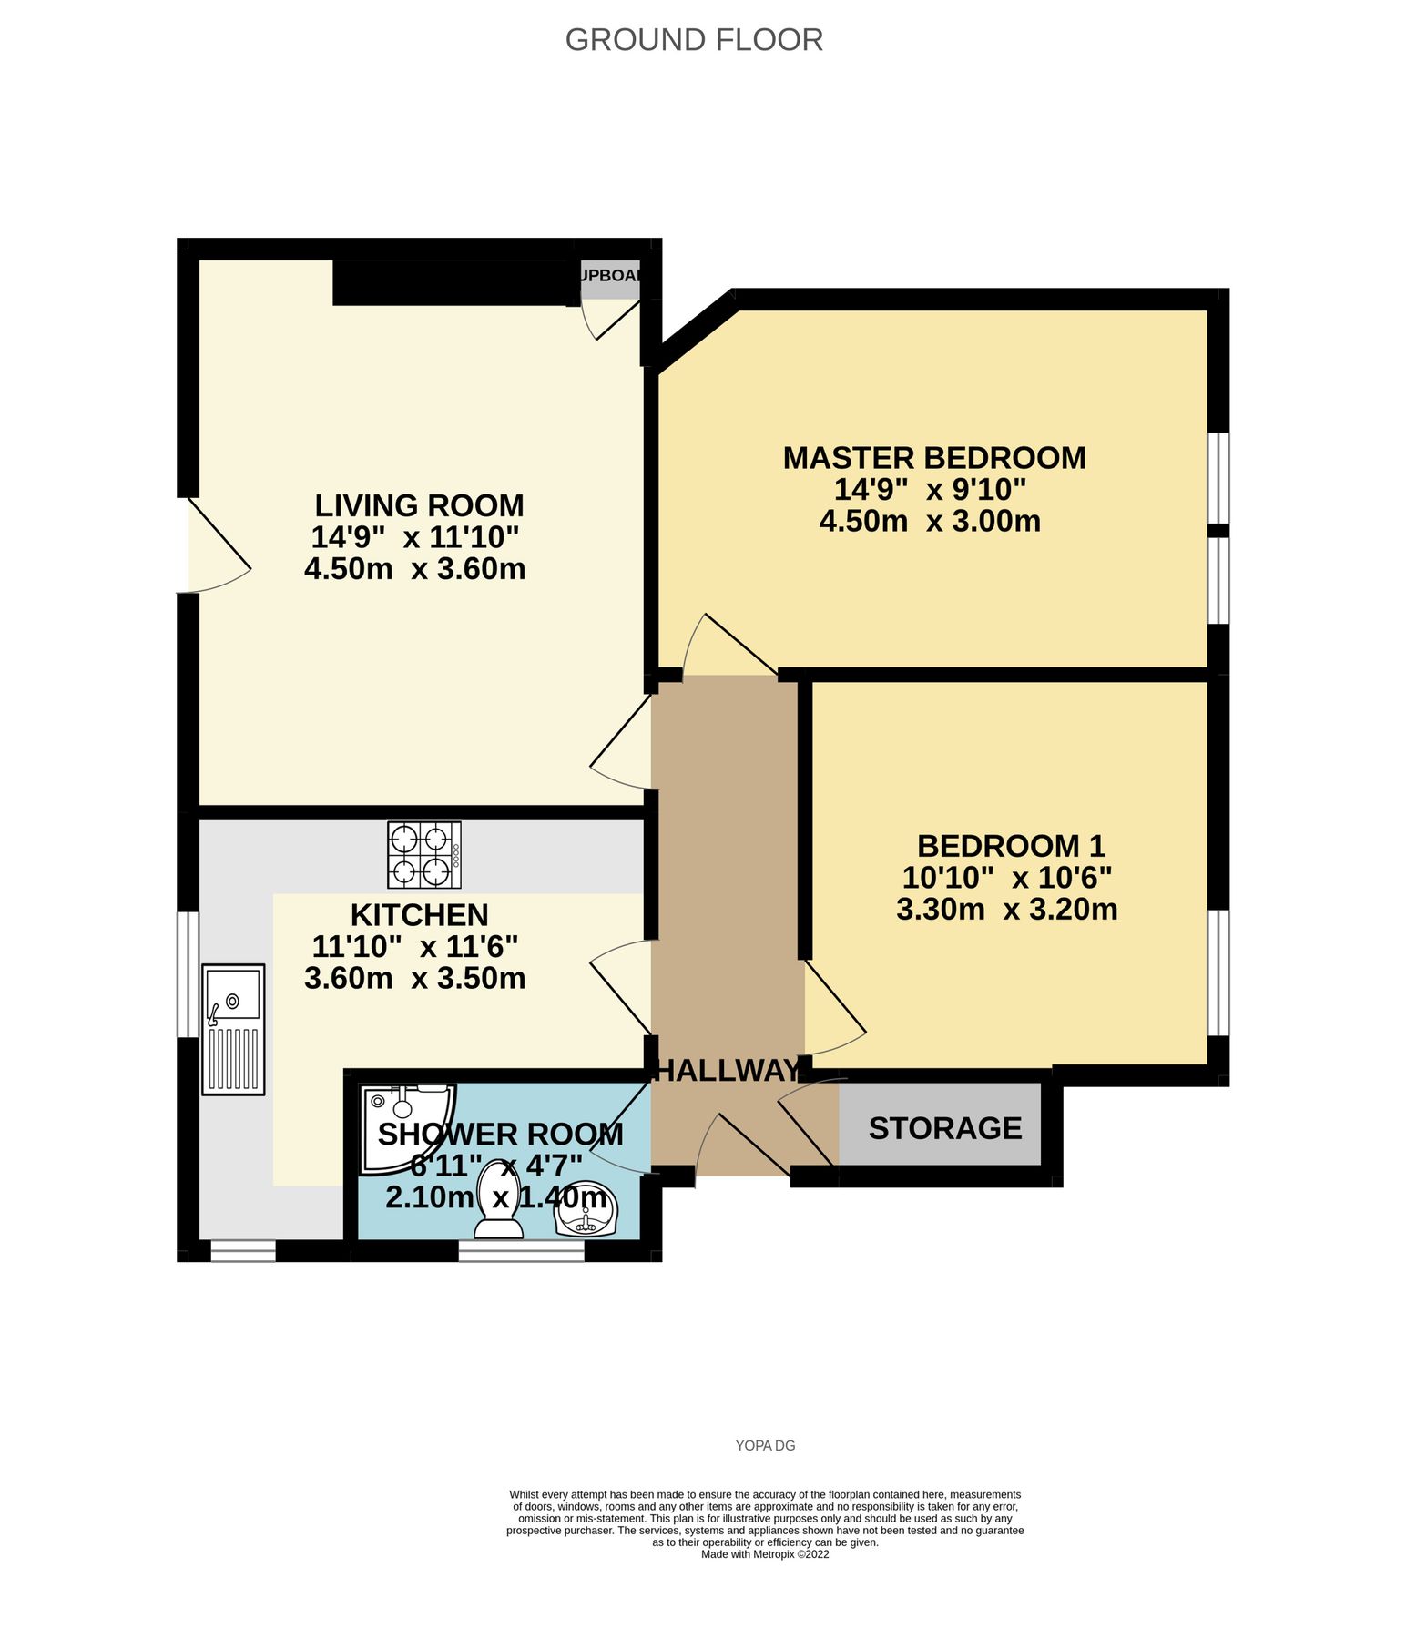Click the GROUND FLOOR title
point(694,40)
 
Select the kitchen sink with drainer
point(233,1029)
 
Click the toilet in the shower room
point(499,1200)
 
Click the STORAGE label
point(944,1128)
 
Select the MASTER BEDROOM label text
point(933,457)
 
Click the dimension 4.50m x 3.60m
point(414,569)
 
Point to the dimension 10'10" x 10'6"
point(1006,878)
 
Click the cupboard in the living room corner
point(610,280)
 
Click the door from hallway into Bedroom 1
point(833,1011)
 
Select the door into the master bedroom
point(728,648)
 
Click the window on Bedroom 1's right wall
point(1218,972)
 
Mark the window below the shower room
point(521,1253)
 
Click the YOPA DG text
point(765,1445)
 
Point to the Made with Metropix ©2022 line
point(765,1554)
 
